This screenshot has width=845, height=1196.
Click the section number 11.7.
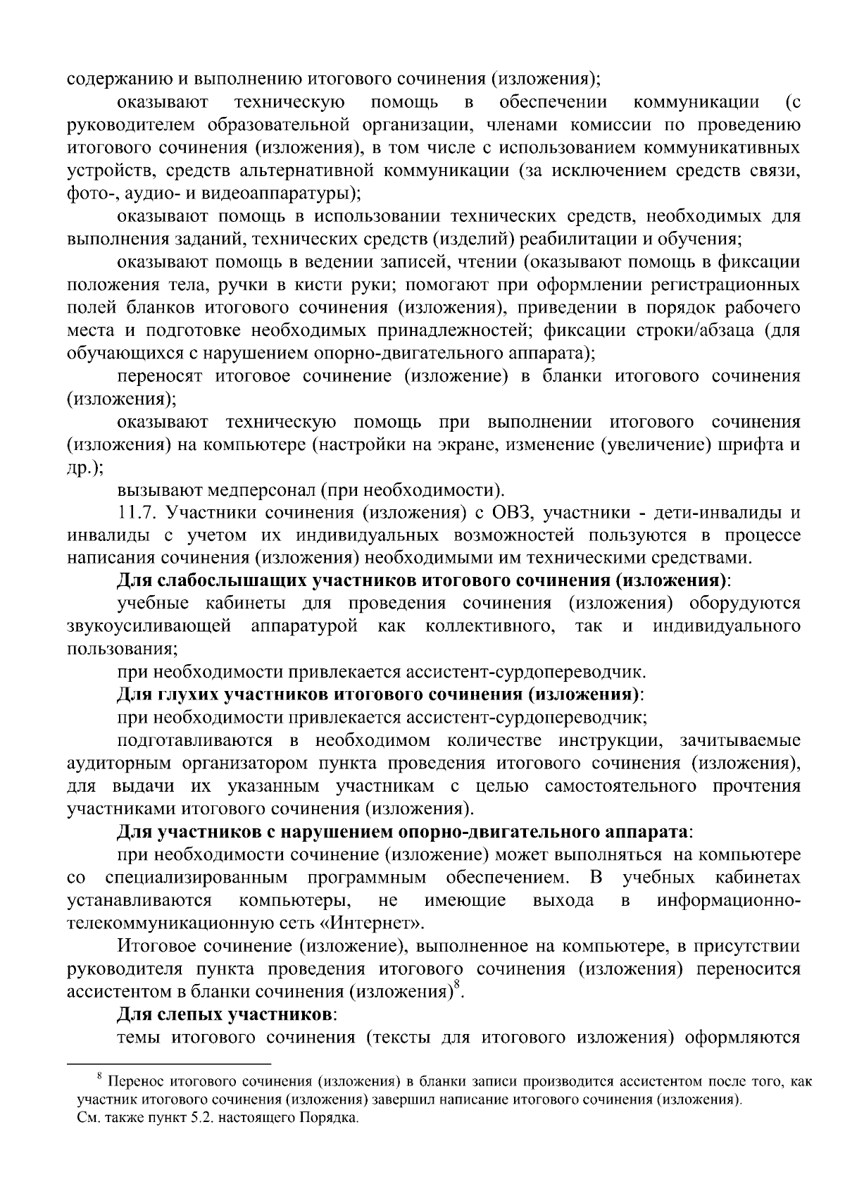135,513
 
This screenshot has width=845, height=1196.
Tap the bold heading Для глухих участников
380,694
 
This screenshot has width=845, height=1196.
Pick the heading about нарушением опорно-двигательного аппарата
405,832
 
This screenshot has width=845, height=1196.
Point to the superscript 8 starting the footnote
100,1075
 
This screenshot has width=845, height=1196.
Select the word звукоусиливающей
149,626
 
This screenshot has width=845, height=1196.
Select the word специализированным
196,878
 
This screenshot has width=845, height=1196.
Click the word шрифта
758,444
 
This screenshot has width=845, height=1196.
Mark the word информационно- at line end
728,901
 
